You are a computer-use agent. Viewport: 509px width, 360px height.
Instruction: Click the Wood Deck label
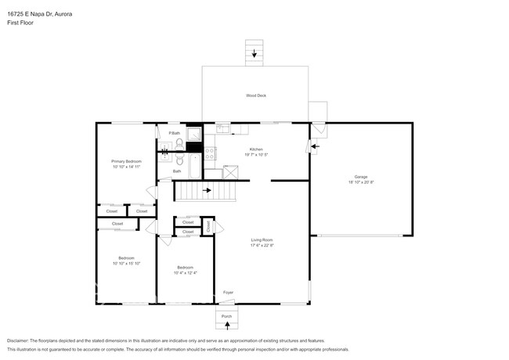(x=255, y=95)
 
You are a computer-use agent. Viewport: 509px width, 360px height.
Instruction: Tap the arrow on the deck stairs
(x=254, y=54)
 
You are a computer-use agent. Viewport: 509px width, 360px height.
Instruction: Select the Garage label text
(x=360, y=177)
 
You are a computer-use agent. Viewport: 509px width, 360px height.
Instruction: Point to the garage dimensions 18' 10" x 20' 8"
(x=360, y=182)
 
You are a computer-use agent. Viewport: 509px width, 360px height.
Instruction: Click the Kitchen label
(x=255, y=149)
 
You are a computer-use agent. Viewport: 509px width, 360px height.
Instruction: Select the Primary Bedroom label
(x=126, y=161)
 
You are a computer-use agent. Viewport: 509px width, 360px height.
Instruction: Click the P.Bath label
(x=174, y=134)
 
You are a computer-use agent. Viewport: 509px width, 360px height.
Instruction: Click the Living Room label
(x=262, y=239)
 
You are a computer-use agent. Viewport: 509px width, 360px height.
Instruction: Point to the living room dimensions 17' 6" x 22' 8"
(x=262, y=245)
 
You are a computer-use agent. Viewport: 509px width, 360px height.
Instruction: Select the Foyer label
(x=228, y=293)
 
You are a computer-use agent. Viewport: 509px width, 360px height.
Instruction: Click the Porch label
(x=226, y=316)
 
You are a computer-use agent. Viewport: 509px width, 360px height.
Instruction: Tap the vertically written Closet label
(x=208, y=225)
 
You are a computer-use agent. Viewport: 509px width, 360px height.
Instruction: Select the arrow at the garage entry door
(x=315, y=145)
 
